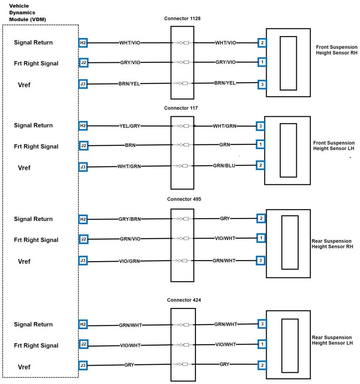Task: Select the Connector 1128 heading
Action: (x=182, y=19)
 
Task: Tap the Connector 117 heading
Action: (x=181, y=108)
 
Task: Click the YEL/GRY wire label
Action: (x=130, y=126)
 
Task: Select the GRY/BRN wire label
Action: (x=130, y=219)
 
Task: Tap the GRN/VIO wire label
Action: (x=130, y=239)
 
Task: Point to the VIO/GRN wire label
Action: (x=130, y=261)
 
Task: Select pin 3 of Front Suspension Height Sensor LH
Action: (x=260, y=126)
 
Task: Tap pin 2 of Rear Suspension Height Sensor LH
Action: (x=262, y=365)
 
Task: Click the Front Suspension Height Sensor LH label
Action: (x=335, y=145)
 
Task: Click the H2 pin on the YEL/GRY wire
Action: (x=83, y=126)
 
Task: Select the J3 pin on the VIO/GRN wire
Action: (x=83, y=261)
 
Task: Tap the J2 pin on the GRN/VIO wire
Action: (x=83, y=239)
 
